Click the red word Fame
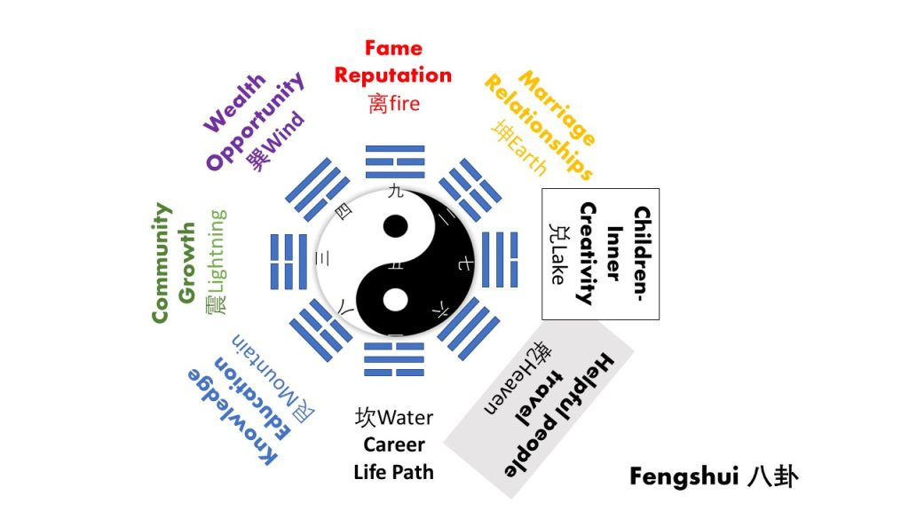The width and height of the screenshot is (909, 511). pyautogui.click(x=393, y=48)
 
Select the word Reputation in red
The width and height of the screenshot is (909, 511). pyautogui.click(x=393, y=75)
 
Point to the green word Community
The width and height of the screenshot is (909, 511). pyautogui.click(x=161, y=263)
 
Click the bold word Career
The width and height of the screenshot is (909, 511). pyautogui.click(x=394, y=444)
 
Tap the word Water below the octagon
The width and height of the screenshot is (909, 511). pyautogui.click(x=408, y=417)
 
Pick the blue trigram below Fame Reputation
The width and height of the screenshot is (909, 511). pyautogui.click(x=394, y=165)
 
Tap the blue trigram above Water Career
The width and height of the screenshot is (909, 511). pyautogui.click(x=394, y=360)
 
